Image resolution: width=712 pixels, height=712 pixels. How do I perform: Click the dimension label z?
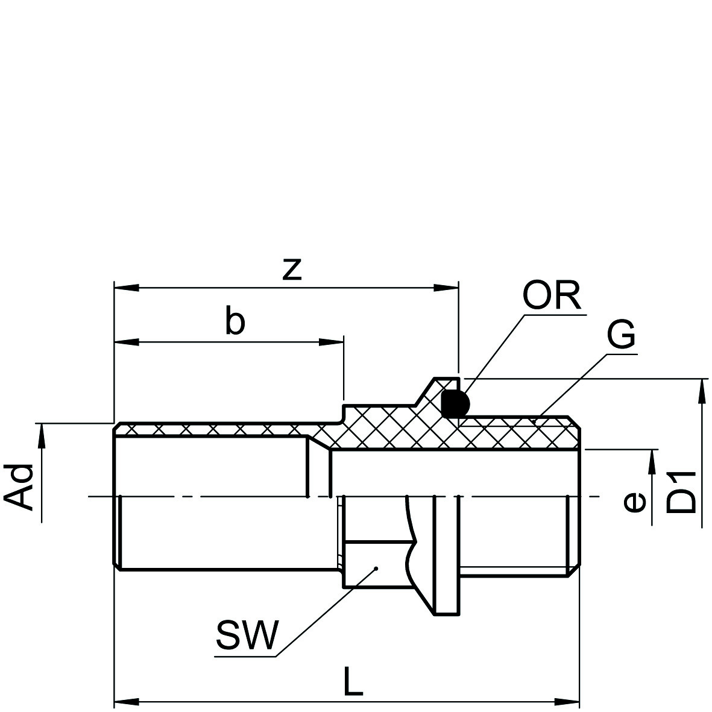[x=292, y=269]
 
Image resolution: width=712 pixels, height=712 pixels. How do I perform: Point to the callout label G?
[x=621, y=335]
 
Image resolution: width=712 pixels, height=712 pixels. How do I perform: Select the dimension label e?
[x=634, y=502]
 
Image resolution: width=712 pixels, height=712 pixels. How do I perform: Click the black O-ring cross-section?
[x=455, y=403]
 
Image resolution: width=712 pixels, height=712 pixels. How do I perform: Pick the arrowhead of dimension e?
[x=652, y=462]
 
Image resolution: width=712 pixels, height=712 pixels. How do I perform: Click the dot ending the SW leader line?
[x=376, y=567]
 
